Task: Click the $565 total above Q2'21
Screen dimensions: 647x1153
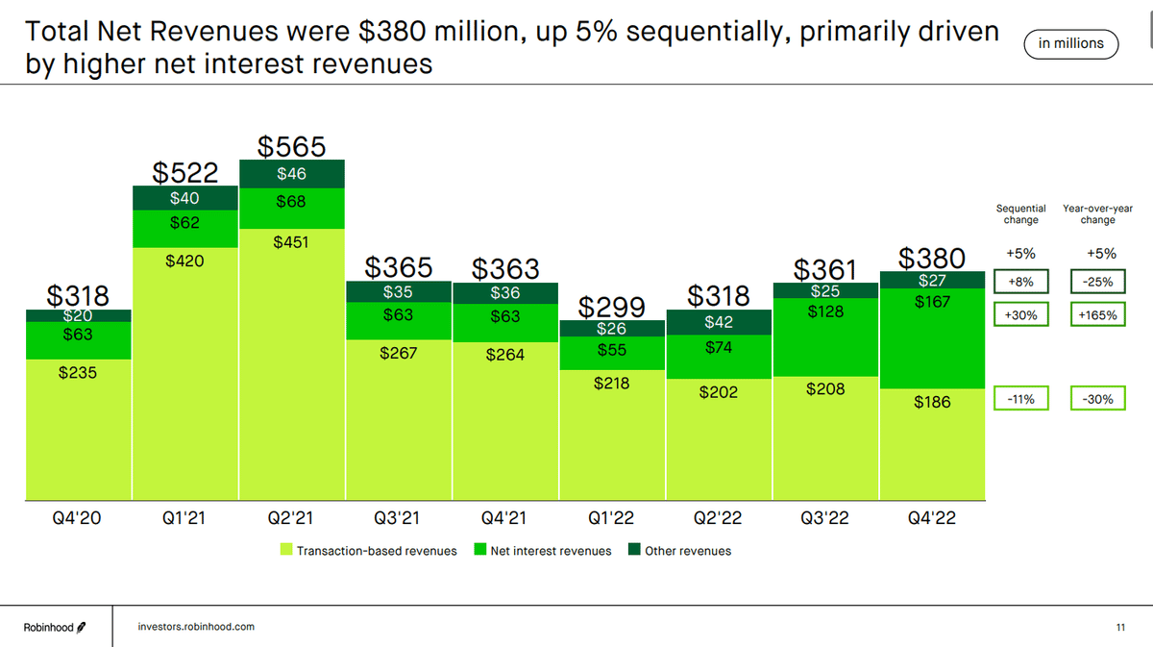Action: pos(292,146)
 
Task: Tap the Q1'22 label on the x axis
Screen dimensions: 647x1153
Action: pos(612,518)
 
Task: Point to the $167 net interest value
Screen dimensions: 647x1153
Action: pos(932,302)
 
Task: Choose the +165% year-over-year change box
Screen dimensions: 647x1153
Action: pos(1097,314)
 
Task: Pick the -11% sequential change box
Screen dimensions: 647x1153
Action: pos(1020,398)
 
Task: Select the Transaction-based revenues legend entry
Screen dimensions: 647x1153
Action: pos(368,551)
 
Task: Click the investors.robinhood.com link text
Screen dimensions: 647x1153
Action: pos(196,627)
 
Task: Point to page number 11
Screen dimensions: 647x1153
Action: pos(1120,627)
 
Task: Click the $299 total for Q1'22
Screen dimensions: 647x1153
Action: pos(612,307)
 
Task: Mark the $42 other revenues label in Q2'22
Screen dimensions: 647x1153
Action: pos(719,323)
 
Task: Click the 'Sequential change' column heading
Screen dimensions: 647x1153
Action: pos(1020,213)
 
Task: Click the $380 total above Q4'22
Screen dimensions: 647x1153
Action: pos(932,258)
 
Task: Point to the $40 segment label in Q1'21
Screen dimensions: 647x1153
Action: pos(185,198)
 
